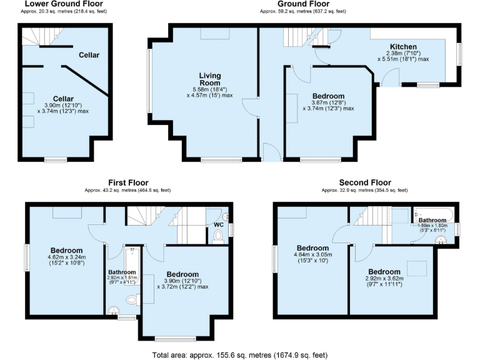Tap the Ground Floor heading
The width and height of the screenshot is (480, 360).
[303, 4]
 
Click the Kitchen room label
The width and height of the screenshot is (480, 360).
[403, 47]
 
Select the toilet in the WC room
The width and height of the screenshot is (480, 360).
[217, 236]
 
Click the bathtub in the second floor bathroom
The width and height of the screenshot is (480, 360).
[432, 212]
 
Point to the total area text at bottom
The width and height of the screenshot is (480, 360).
[239, 355]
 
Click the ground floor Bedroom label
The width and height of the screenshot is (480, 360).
[328, 96]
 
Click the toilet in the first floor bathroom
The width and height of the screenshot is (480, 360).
[132, 300]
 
